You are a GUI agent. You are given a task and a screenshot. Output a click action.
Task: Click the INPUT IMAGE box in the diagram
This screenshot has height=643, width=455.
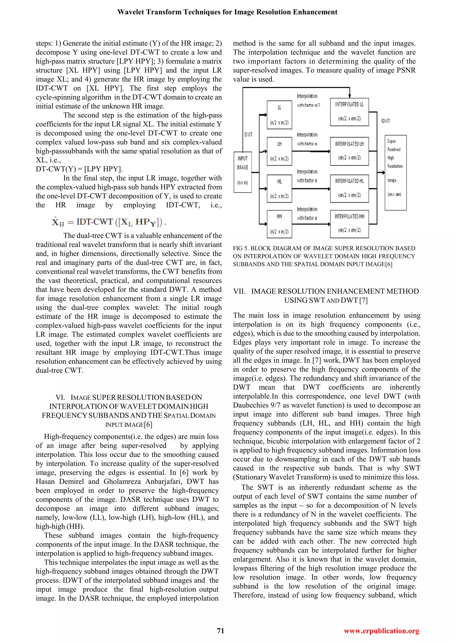click(243, 172)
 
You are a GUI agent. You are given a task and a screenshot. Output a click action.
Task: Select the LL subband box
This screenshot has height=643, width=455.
click(279, 115)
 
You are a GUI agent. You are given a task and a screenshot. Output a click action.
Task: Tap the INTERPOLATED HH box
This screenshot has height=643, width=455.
click(349, 224)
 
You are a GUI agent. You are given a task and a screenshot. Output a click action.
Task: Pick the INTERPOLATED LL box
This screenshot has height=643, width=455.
click(349, 112)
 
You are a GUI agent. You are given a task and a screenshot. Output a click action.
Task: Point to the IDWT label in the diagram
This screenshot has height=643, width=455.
click(385, 121)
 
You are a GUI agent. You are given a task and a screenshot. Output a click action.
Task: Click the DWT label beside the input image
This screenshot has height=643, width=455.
click(248, 135)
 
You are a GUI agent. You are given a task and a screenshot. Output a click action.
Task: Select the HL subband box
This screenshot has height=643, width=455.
click(279, 189)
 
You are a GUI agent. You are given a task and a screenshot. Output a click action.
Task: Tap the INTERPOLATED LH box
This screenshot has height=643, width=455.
click(349, 151)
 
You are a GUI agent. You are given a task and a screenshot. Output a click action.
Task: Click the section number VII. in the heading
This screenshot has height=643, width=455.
click(239, 291)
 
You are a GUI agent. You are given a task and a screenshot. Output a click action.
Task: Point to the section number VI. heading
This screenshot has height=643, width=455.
click(60, 397)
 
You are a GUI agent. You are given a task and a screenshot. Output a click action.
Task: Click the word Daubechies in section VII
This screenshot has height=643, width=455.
click(251, 405)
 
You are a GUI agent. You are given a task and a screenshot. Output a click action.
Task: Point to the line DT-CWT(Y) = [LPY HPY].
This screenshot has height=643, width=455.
click(79, 169)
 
